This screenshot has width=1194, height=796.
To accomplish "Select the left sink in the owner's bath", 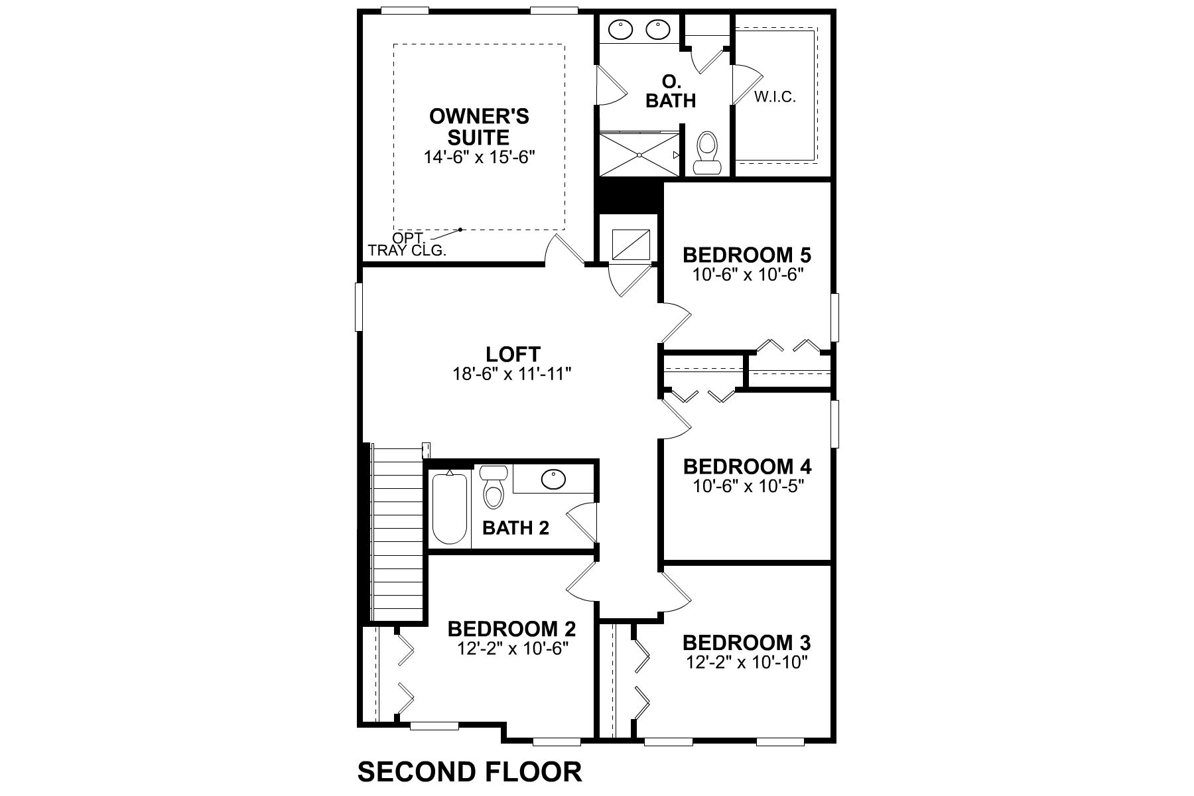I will (621, 29).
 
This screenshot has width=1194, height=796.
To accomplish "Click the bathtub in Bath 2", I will (450, 508).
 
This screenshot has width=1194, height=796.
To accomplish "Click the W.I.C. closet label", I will (775, 98).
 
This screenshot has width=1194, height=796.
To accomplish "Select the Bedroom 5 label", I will (747, 255).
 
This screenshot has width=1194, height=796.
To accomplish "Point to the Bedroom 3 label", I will (746, 643).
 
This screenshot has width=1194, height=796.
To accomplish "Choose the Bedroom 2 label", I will (511, 628).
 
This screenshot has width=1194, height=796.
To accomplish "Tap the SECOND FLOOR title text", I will (470, 772).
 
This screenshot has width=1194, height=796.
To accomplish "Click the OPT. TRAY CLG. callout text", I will (407, 245).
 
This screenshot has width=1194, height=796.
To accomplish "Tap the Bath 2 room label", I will (515, 528).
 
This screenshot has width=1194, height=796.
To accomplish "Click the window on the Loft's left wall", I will (359, 306).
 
